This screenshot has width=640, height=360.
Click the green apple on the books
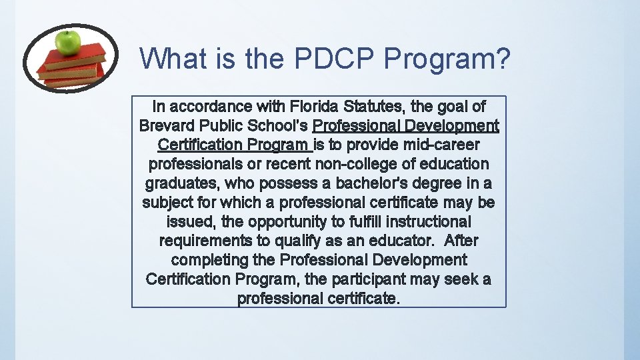(67, 41)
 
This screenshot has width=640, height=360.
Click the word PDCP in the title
(323, 58)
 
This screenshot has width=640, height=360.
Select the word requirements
(203, 241)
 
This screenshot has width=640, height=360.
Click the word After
(461, 241)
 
